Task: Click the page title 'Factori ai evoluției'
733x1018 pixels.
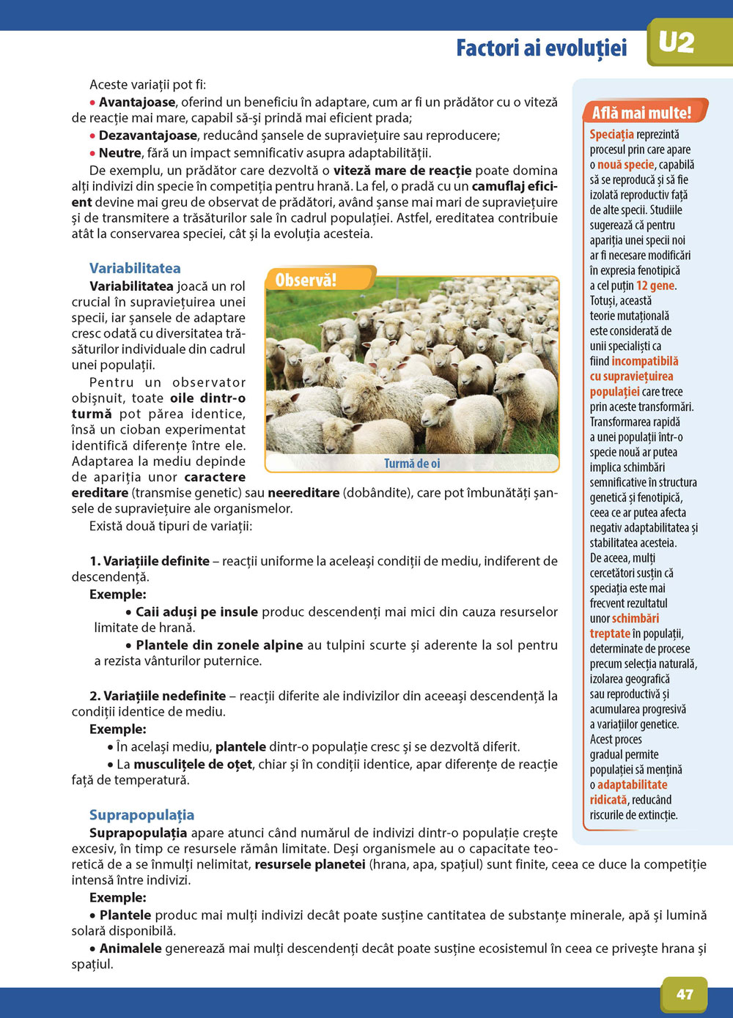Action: (541, 48)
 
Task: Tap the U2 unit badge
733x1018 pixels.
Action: (676, 43)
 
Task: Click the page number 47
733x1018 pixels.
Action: (685, 994)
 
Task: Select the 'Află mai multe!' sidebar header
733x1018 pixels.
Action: (641, 113)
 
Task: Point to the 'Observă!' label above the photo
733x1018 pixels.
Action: (306, 280)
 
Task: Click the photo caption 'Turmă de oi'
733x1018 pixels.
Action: (412, 464)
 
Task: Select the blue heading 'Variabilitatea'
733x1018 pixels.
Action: (135, 268)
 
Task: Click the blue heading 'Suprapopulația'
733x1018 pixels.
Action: (141, 815)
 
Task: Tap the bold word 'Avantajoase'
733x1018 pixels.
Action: (137, 103)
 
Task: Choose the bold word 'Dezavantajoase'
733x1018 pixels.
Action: (147, 135)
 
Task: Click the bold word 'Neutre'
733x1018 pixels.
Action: (119, 153)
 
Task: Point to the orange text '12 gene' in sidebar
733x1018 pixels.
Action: (655, 286)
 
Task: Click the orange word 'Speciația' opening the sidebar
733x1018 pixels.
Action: (611, 134)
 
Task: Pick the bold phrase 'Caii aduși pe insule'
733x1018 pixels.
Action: (196, 612)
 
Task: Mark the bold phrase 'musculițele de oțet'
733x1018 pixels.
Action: (193, 764)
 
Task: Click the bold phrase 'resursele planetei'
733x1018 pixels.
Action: (310, 864)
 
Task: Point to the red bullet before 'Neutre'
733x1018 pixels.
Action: (93, 154)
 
